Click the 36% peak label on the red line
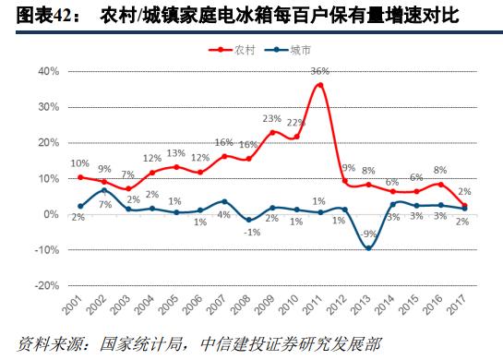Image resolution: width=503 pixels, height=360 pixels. [320, 71]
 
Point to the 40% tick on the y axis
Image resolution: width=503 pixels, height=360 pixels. [48, 70]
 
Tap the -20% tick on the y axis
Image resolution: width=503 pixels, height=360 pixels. [46, 285]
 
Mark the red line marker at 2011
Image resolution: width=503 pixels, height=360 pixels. [320, 85]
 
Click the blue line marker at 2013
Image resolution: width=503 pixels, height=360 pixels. [368, 247]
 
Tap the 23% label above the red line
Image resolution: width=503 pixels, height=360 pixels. [271, 119]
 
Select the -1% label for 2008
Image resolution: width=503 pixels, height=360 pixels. [249, 233]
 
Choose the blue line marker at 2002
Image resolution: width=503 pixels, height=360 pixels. [105, 190]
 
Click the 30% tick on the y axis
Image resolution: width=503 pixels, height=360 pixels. [48, 106]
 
